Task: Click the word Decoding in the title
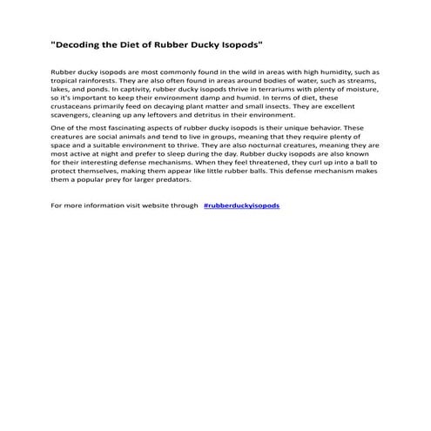84,43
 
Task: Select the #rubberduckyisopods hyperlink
241,205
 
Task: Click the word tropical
65,82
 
